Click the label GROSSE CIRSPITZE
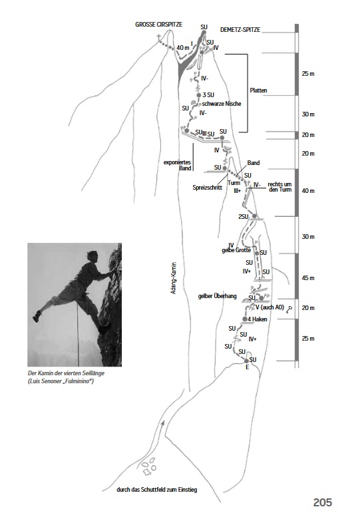click(158, 25)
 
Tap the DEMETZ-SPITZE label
click(240, 30)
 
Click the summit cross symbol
click(159, 37)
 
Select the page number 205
click(323, 502)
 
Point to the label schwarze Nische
click(222, 104)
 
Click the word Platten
click(258, 90)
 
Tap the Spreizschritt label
click(208, 188)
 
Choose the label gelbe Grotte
click(236, 250)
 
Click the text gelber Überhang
click(217, 296)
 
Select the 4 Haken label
click(258, 319)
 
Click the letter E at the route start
click(248, 367)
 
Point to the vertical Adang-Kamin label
click(174, 278)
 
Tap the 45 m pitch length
click(308, 278)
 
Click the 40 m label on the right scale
click(308, 191)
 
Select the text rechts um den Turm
click(280, 187)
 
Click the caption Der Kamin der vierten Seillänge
click(66, 373)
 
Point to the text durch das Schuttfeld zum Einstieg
click(156, 490)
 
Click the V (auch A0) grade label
click(270, 307)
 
